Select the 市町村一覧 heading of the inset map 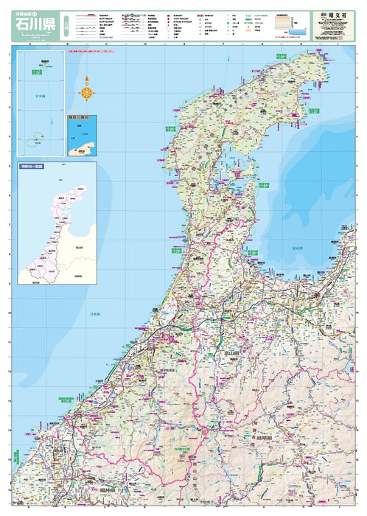(32, 167)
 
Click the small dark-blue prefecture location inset (83, 136)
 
